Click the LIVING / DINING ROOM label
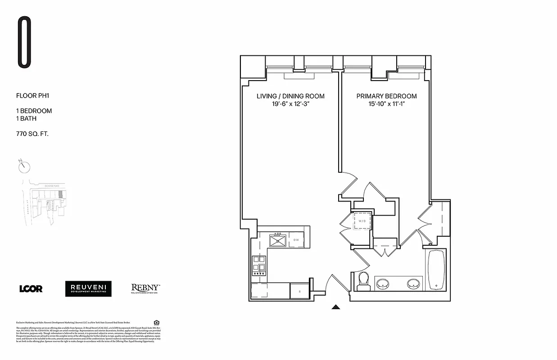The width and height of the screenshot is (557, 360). point(290,96)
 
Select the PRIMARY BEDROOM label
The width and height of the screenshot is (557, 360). point(386,96)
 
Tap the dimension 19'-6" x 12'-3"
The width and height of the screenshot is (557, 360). point(290,104)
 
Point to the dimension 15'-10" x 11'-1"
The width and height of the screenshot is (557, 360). point(386,104)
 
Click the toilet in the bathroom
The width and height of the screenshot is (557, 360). point(362,282)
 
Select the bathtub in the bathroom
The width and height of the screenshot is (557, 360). point(436,270)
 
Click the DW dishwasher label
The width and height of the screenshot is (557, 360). point(296,240)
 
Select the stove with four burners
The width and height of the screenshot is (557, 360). point(259,265)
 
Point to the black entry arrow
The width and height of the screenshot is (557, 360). point(335,307)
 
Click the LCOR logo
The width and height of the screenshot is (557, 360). point(31,289)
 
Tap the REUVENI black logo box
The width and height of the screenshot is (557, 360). point(88,289)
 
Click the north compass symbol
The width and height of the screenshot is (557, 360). point(24,166)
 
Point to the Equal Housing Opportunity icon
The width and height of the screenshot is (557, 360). point(156,322)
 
